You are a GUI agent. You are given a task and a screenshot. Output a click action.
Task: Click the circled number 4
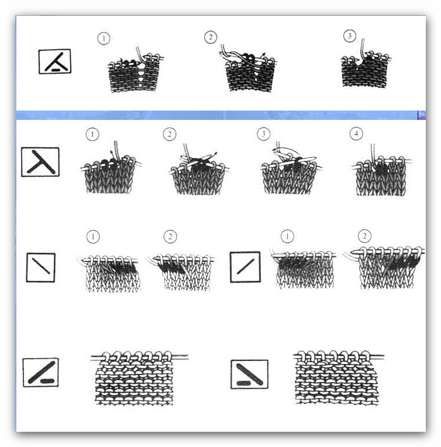coord(356,133)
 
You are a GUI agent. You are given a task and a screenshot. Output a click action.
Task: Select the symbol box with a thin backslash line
coord(41,267)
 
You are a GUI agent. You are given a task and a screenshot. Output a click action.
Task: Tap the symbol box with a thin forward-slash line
coord(245,267)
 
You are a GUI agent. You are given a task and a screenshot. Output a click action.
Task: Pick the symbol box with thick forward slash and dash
coord(41,372)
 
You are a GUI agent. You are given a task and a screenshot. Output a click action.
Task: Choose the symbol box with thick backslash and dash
coord(249,374)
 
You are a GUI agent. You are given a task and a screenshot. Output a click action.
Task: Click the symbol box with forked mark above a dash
coord(55,61)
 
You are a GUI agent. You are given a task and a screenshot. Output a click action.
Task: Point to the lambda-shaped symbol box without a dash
coord(40,162)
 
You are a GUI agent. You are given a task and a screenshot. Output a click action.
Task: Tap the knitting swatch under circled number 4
coord(381,170)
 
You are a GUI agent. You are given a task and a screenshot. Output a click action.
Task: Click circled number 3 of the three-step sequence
coord(350,36)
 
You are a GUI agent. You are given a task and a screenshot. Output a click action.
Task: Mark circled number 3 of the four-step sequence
coord(263,134)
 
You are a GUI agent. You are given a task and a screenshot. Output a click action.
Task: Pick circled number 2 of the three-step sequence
coord(211,37)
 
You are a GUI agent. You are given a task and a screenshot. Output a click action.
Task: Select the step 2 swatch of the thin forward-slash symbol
coord(385,268)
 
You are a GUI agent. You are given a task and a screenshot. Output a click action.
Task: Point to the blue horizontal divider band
coord(220,115)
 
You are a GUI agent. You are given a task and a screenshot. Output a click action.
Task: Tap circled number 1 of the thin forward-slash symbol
coord(287,236)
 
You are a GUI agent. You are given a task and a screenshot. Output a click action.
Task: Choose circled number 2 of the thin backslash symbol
coord(170,236)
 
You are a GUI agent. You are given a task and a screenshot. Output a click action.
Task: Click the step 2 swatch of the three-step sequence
coord(248,68)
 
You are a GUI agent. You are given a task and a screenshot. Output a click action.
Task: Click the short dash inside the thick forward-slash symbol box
coord(47,381)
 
